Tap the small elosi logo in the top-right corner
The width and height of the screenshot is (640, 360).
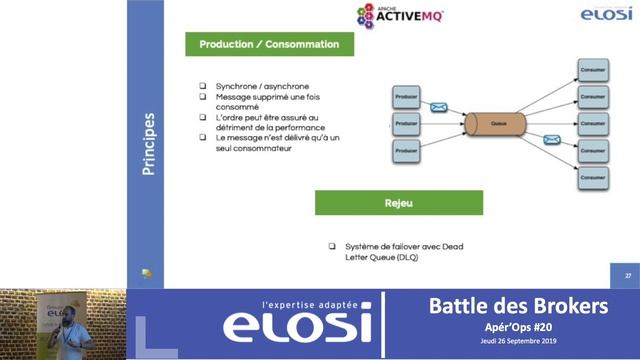605,14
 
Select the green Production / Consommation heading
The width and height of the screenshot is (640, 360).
269,45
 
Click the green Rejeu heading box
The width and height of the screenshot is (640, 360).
398,202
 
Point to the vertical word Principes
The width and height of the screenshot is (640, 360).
148,143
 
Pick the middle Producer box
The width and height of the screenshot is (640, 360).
406,125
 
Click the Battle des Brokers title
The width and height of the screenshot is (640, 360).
517,306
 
